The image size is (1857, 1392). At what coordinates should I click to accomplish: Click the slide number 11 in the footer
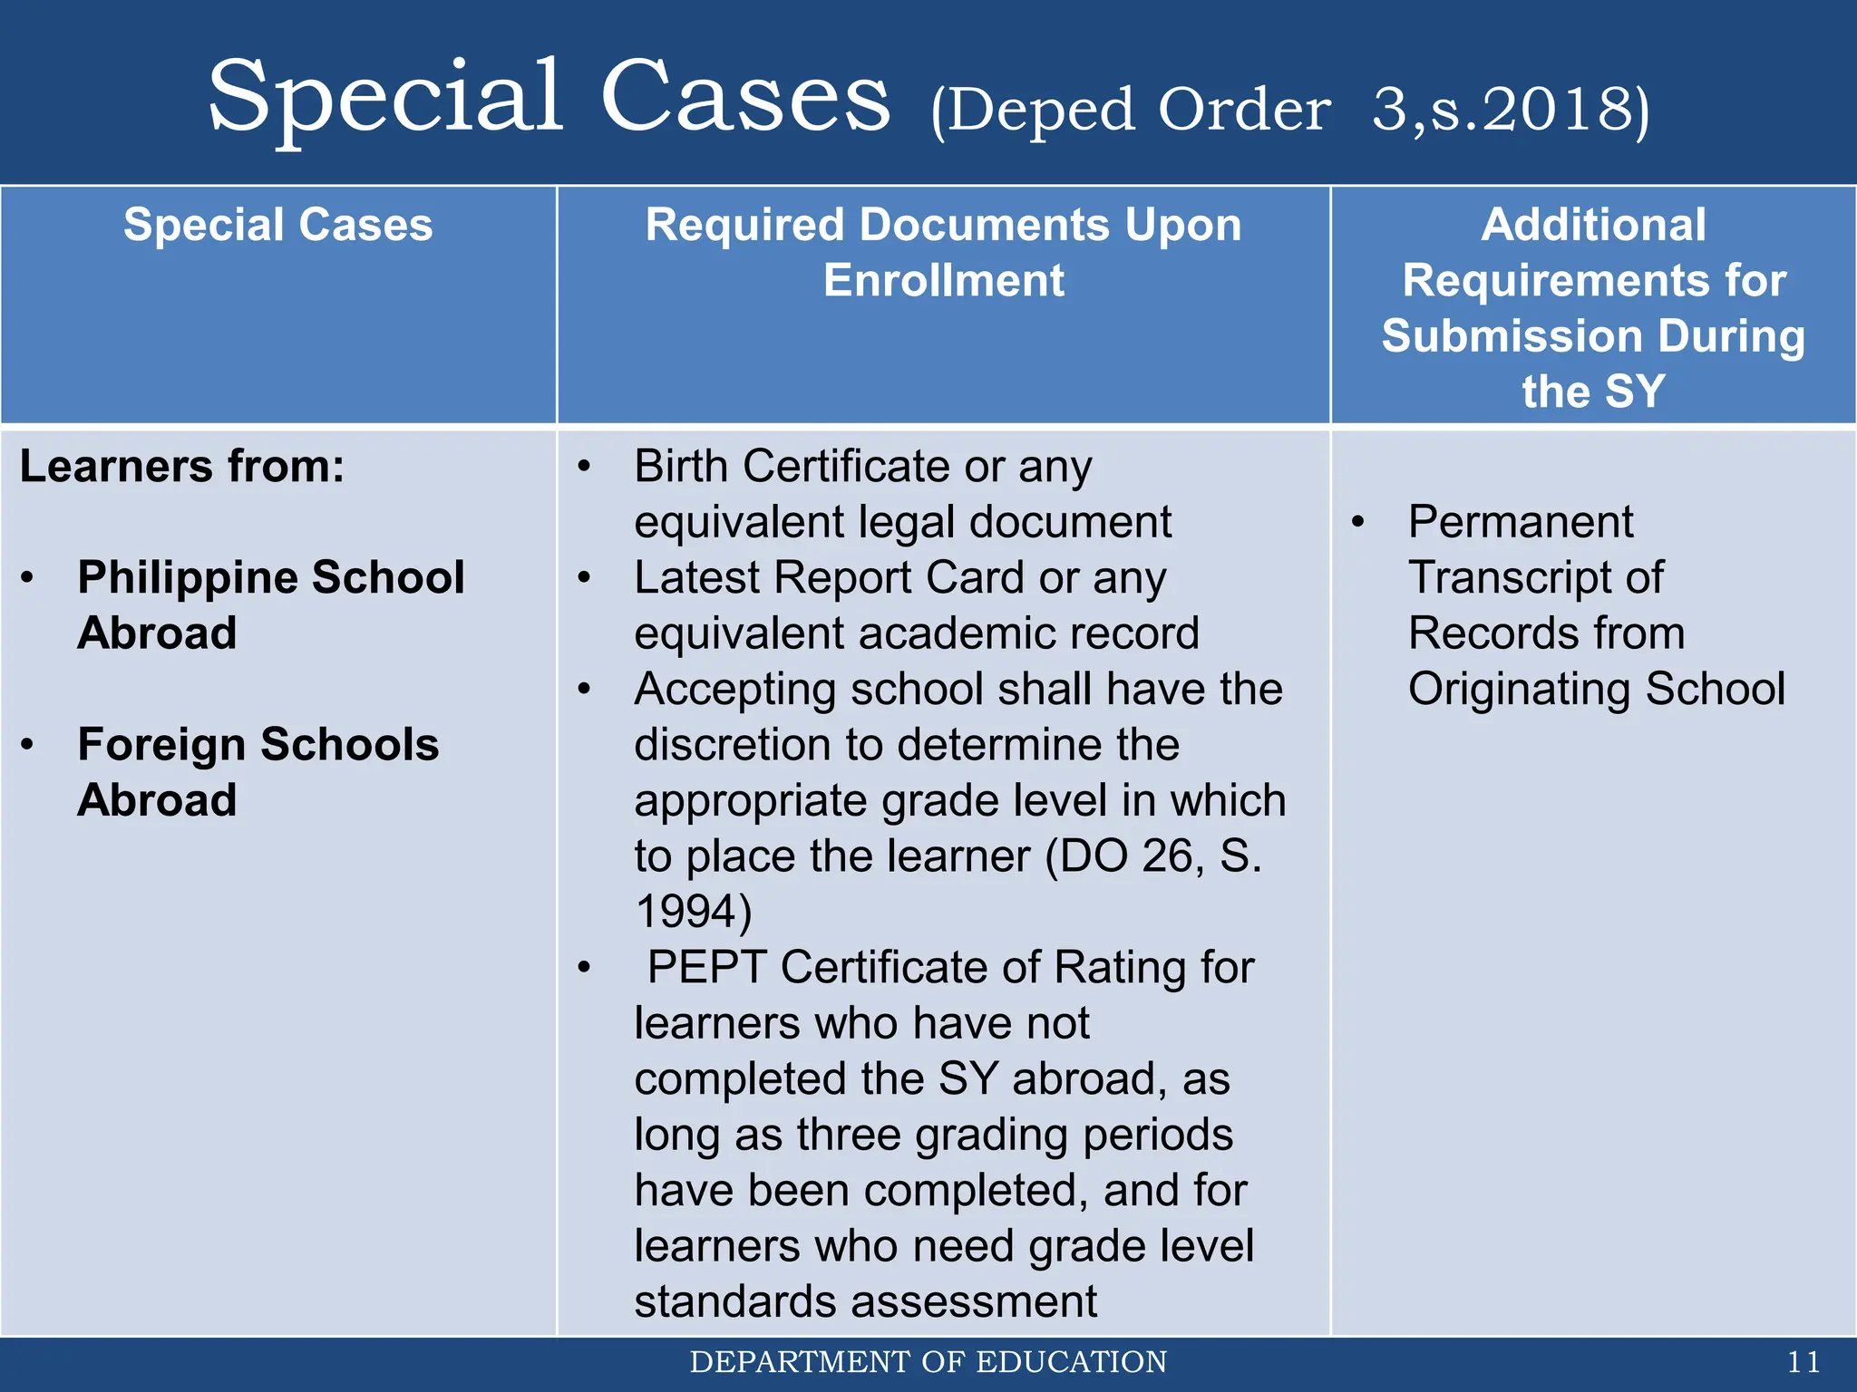click(1803, 1362)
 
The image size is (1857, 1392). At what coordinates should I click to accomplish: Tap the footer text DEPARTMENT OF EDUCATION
click(928, 1362)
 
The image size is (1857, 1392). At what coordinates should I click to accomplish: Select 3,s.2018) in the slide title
click(1510, 111)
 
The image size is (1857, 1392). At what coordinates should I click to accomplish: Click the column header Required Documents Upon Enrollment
click(943, 252)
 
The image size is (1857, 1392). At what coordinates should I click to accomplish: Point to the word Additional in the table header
click(1593, 225)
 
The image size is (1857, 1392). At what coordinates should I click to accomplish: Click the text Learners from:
click(182, 467)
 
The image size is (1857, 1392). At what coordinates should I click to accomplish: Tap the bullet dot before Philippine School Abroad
click(28, 578)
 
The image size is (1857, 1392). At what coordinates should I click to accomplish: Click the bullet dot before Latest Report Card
click(585, 578)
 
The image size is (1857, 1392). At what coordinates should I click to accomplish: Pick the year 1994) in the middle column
click(694, 912)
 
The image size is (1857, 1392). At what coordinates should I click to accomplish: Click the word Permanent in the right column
click(1521, 522)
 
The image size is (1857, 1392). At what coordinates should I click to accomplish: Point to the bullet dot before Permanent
click(1357, 523)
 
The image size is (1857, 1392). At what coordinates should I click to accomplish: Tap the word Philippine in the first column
click(188, 578)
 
